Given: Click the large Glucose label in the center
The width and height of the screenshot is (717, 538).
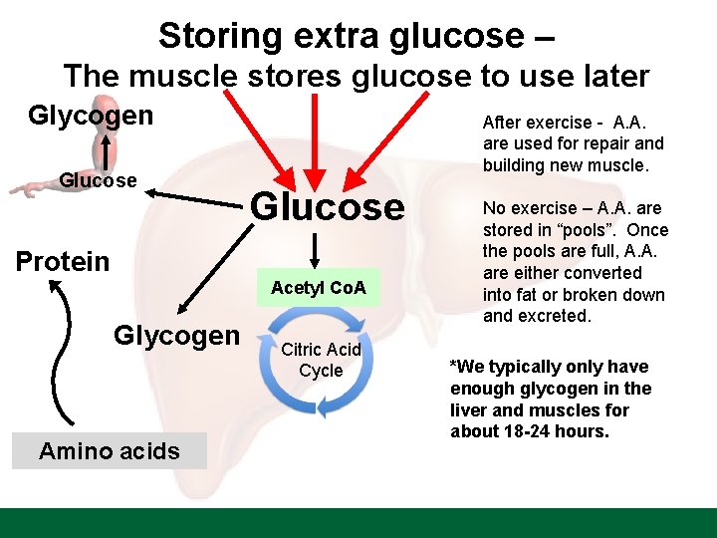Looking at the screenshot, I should pos(328,206).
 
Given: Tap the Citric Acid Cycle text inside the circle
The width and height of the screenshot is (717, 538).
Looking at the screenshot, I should pos(321,360).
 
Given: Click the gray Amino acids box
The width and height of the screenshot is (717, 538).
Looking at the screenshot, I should pos(110,450).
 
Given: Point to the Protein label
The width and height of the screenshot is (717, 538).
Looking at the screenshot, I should pos(63,262).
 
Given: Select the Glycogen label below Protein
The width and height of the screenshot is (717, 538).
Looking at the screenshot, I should pos(176,336).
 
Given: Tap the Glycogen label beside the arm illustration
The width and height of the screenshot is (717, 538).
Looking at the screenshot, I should pos(91,116).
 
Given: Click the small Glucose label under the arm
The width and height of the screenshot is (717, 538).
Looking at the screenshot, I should pos(99,180).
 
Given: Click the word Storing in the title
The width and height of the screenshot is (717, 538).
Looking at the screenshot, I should pos(219,36).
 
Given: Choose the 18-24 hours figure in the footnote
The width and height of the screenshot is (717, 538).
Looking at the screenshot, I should pos(548,431).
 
